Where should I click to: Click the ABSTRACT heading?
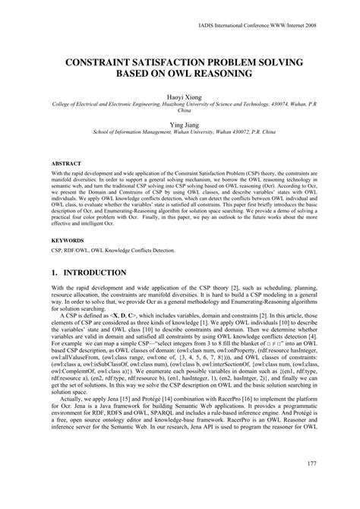point(65,163)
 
